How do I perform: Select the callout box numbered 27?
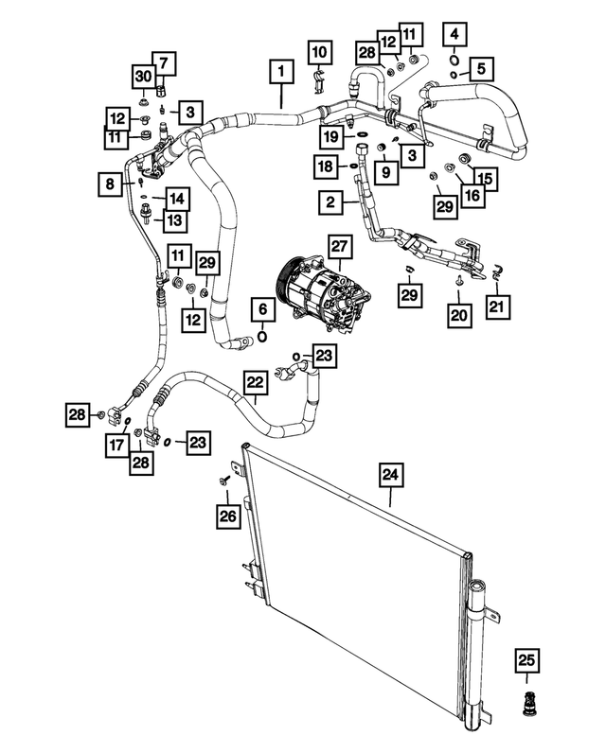[340, 247]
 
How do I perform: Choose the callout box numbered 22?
[255, 383]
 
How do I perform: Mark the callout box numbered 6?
[261, 309]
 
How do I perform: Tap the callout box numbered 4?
[456, 35]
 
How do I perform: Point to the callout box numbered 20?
[459, 314]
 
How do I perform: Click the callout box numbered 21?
[497, 306]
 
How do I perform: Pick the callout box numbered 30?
[142, 76]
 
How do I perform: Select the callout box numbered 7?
[162, 63]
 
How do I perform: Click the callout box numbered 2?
[330, 201]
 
